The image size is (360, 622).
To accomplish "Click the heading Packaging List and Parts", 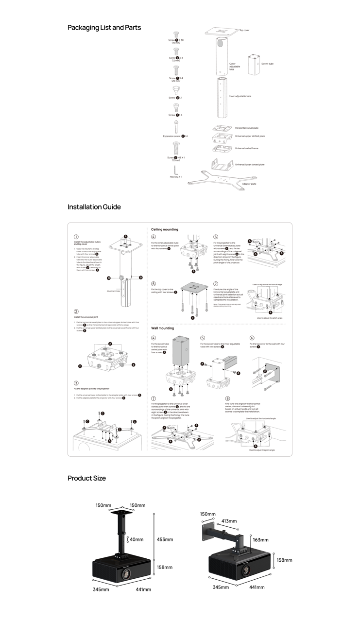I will tap(104, 28).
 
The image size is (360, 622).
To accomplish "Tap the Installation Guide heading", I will tap(94, 207).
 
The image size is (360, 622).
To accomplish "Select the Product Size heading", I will tap(86, 478).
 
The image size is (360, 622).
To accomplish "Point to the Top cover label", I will tap(244, 30).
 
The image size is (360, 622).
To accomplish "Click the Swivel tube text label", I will tap(267, 64).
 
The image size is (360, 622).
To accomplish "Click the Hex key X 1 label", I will tap(175, 177).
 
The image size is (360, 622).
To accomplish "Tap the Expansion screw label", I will tap(175, 136).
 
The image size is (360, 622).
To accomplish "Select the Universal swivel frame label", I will tap(246, 148).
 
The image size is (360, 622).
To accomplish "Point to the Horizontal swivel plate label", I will tap(246, 128).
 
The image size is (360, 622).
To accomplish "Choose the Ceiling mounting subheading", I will tap(165, 229).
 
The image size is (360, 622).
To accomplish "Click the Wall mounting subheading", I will tap(162, 328).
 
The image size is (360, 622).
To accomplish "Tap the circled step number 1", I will tap(76, 237).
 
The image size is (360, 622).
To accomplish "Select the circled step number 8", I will tap(227, 398).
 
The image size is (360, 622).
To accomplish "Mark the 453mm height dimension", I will tap(165, 539).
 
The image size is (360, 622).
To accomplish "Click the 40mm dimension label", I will tap(137, 539).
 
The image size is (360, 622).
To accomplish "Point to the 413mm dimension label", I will tap(229, 521).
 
